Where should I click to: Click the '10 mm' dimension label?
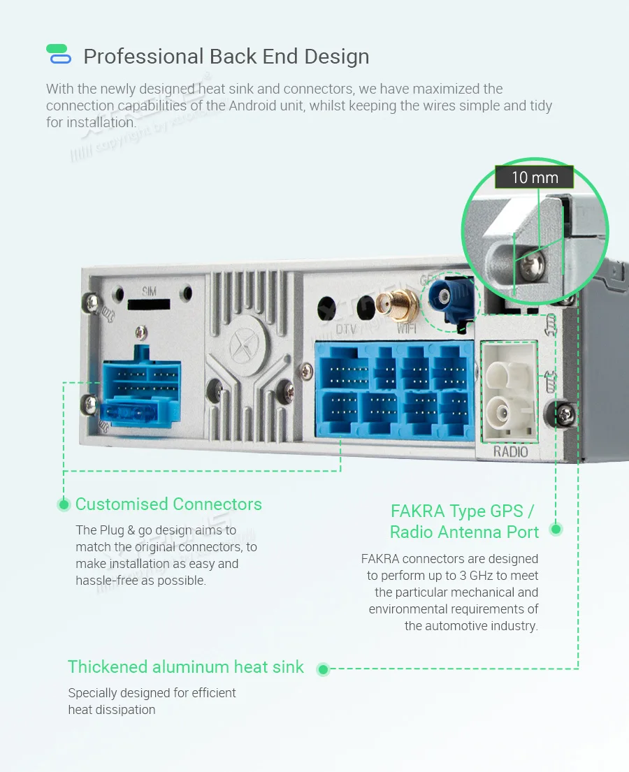point(535,177)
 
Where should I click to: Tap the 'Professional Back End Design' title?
point(226,57)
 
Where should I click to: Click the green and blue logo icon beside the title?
point(58,54)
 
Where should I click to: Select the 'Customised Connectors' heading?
point(168,504)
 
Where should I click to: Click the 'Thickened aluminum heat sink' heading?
point(186,667)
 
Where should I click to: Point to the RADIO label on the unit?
point(511,451)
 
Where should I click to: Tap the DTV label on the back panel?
point(347,328)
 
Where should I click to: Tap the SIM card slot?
point(149,305)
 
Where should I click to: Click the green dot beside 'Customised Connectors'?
point(64,504)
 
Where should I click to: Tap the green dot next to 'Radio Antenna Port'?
point(556,529)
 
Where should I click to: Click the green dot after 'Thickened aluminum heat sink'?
point(323,669)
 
